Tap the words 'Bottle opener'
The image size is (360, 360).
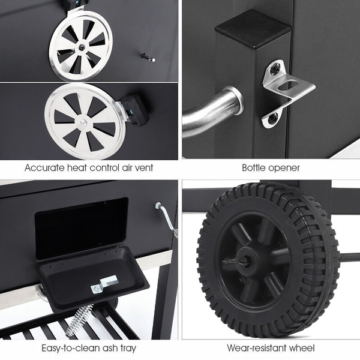click(271, 168)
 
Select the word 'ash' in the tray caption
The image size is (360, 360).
click(110, 348)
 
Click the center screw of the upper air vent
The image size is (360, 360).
click(82, 47)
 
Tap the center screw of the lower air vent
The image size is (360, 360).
click(83, 122)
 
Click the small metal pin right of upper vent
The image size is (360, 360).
click(148, 58)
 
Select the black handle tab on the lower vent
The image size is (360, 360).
click(136, 110)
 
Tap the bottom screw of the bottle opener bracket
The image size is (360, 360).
click(274, 118)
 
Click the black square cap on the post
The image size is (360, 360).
click(253, 30)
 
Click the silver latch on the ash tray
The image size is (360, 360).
click(104, 284)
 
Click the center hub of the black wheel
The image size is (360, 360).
click(245, 260)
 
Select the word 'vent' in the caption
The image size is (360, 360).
click(144, 168)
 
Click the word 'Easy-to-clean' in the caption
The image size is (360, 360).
click(71, 348)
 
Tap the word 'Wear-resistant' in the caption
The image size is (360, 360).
click(257, 348)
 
